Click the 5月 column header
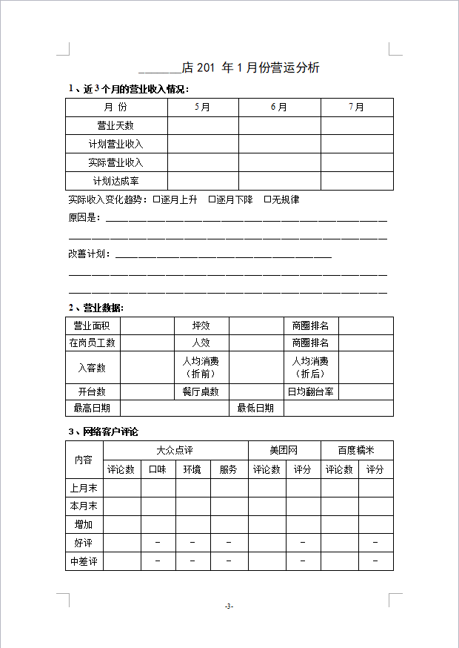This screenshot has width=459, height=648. [202, 108]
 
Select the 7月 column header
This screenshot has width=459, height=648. [357, 108]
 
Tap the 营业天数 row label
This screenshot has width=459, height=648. [115, 126]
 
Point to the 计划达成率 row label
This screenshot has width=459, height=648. [115, 181]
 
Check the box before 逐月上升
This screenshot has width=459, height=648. [156, 199]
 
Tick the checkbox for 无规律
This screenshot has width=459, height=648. [267, 199]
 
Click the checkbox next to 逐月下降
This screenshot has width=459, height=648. [212, 199]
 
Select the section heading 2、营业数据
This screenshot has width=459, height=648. [96, 308]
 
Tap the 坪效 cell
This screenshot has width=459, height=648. [201, 325]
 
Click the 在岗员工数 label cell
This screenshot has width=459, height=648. [92, 343]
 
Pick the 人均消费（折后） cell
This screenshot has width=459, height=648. [310, 367]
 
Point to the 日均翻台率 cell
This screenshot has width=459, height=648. [310, 391]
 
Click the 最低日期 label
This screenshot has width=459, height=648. [255, 408]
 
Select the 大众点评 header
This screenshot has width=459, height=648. [175, 450]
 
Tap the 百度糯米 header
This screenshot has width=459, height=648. [356, 450]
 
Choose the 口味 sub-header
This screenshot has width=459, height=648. [158, 469]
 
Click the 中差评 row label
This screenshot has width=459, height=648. [84, 561]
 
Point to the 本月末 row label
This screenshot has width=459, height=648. [84, 506]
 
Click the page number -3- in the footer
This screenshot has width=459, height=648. [229, 606]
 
